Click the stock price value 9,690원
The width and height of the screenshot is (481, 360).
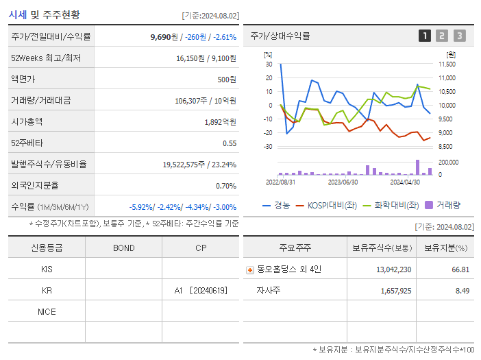162,36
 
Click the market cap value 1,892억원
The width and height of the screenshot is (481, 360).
220,121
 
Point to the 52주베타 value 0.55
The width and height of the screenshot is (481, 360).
229,143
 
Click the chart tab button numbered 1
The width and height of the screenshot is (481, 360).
425,36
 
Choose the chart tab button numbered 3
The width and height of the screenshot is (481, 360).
459,36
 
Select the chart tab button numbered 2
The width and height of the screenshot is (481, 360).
442,36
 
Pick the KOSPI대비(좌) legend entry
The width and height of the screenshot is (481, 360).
325,204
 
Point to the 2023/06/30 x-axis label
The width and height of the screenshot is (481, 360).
343,182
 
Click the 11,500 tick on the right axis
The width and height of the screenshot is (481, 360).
447,64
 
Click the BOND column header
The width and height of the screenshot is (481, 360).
123,248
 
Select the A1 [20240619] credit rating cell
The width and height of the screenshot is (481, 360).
200,290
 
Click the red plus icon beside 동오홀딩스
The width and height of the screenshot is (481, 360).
249,269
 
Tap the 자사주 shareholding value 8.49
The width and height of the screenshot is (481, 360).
460,290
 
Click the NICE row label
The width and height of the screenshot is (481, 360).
47,311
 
